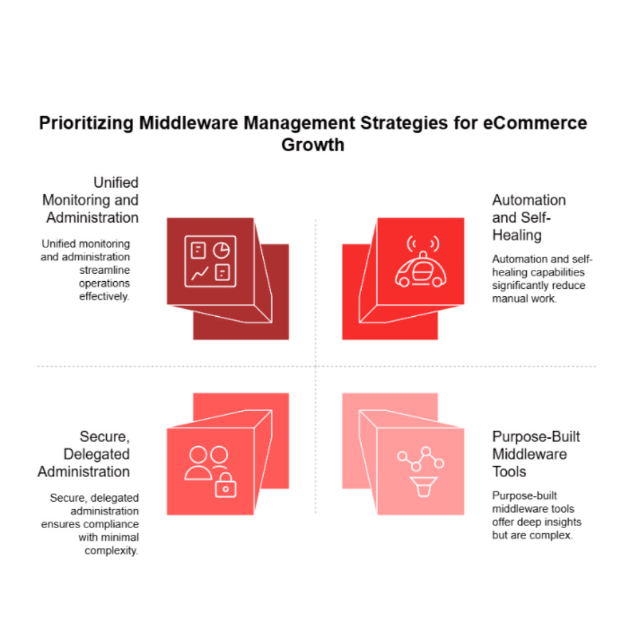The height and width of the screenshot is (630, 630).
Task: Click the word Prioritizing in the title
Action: point(86,123)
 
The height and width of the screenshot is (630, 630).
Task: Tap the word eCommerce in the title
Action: point(535,123)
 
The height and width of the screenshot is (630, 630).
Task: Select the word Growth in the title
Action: point(313,145)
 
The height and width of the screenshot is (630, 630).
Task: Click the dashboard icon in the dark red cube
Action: point(210,261)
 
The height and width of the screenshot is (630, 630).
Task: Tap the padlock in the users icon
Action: point(226,485)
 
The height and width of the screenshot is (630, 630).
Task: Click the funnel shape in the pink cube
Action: point(423,487)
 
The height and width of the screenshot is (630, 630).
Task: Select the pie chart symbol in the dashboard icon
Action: point(222,250)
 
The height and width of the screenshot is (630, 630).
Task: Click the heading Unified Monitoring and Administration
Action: point(91,200)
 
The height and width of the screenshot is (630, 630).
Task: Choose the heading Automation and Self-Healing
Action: point(528,218)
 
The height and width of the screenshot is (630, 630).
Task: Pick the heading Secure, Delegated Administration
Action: point(84,454)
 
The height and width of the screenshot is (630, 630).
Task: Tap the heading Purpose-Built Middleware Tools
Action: point(536,454)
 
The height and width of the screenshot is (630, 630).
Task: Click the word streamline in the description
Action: point(104,270)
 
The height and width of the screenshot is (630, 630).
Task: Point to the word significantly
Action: point(519,286)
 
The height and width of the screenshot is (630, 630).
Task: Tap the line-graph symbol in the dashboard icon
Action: point(199,273)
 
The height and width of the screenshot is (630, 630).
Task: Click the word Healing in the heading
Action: point(517,235)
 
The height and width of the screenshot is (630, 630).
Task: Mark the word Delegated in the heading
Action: point(96,454)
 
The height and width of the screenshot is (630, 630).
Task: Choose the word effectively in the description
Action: point(104,296)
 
